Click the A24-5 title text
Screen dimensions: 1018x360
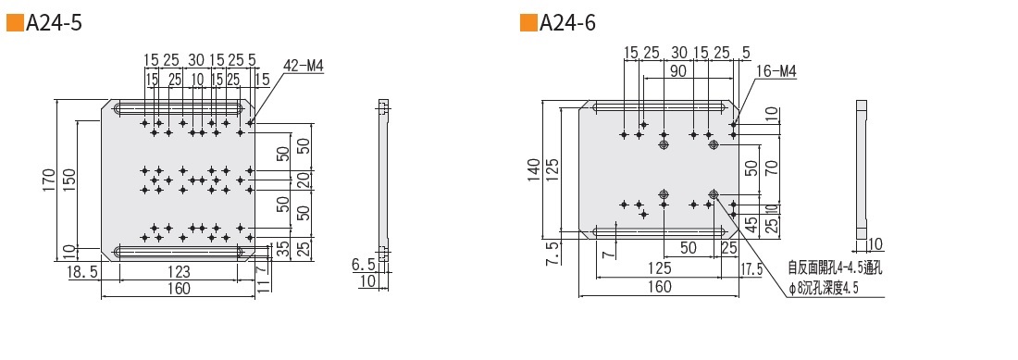point(54,23)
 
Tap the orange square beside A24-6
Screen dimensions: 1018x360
point(528,23)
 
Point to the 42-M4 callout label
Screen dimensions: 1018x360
point(304,65)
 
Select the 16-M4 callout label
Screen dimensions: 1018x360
point(777,71)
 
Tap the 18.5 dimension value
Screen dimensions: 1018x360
point(82,272)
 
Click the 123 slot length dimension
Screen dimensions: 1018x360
point(180,272)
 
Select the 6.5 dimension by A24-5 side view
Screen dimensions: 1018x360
point(364,265)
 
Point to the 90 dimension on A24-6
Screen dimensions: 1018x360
point(678,70)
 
